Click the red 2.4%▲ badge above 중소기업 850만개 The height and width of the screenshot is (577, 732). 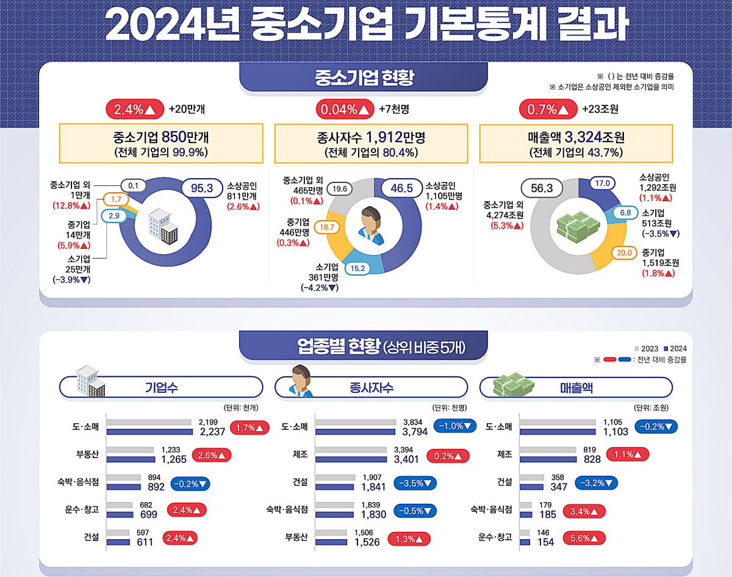point(135,109)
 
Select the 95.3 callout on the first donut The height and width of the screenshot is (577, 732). point(202,188)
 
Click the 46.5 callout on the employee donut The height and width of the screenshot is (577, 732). point(401,188)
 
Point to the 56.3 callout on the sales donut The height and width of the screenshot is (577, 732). point(542,188)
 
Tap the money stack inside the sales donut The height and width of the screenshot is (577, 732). point(578,227)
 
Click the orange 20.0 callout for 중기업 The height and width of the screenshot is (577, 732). point(624,253)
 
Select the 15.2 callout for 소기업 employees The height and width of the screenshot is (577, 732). point(357,268)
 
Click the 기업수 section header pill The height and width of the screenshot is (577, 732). point(161,387)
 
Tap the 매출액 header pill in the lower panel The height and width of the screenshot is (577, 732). point(576,387)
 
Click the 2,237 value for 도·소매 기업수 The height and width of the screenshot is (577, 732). point(212,432)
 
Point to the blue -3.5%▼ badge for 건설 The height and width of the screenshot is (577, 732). point(415,483)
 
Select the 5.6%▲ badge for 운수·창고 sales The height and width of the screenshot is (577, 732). point(584,538)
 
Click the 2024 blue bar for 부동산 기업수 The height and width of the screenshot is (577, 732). point(131,459)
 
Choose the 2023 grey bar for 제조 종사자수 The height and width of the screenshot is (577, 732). point(351,450)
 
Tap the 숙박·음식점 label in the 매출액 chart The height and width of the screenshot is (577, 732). point(491,509)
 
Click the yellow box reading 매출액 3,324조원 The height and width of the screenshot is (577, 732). point(576,143)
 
